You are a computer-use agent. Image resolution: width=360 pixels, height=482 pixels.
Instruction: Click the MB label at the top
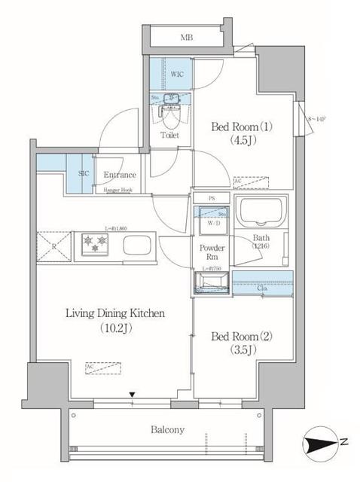tap(185, 36)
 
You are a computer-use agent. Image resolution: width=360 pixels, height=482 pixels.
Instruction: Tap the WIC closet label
tap(177, 75)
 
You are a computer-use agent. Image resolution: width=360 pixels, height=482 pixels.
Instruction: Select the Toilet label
tap(169, 135)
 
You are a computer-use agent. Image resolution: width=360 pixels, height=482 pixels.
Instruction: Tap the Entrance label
tap(119, 175)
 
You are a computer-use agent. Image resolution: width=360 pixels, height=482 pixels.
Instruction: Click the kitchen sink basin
tap(137, 245)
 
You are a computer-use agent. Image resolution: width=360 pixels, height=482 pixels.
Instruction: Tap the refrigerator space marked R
tap(53, 246)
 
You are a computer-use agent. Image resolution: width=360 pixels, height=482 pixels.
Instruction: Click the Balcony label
tap(166, 430)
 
